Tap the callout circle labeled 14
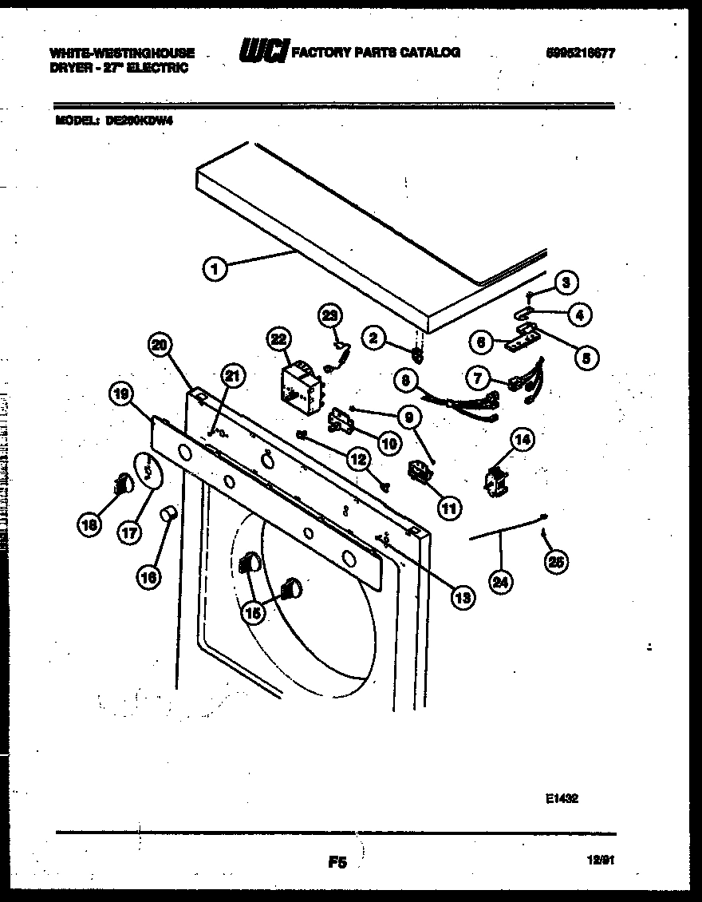coord(523,438)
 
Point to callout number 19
coord(120,394)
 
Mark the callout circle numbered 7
coord(479,376)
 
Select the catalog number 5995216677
coord(581,53)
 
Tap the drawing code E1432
coord(562,797)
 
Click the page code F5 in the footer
coord(337,862)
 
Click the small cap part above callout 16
coord(168,514)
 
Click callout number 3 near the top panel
coord(565,281)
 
